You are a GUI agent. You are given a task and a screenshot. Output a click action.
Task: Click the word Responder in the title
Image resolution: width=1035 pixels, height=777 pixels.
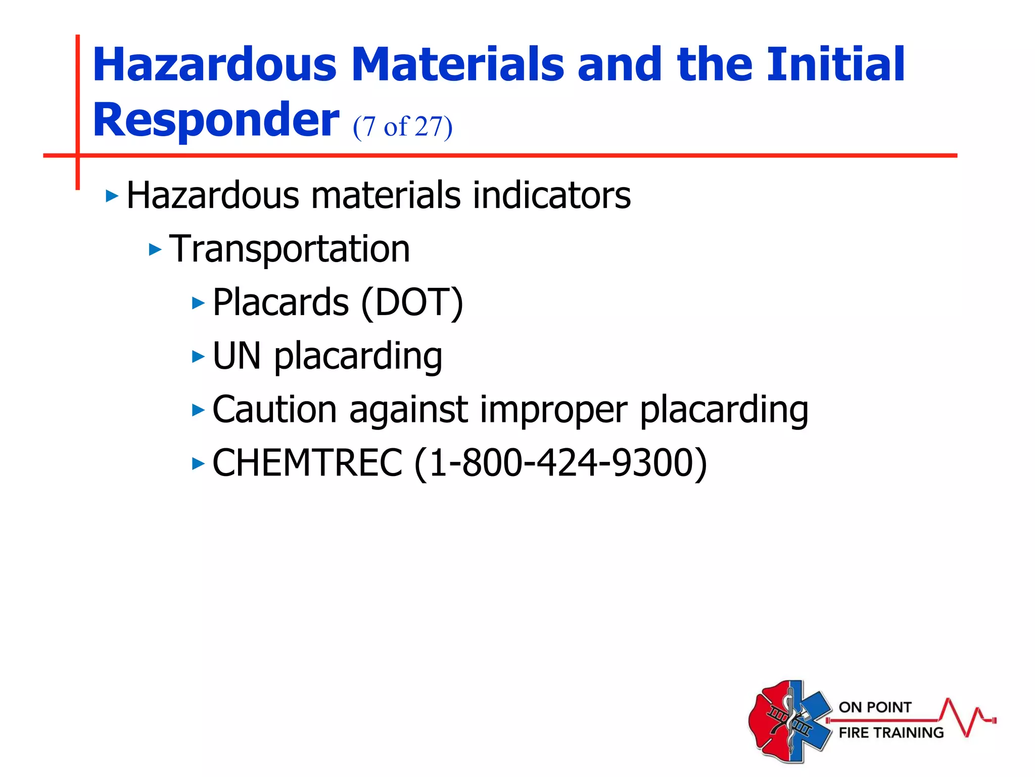[216, 120]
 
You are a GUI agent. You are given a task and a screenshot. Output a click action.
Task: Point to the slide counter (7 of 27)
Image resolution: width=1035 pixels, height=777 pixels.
[402, 126]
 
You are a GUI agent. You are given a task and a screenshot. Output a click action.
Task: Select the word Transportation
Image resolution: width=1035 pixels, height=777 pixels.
[289, 249]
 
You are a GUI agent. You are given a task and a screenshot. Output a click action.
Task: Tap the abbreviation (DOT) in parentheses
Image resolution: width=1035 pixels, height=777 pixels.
[412, 303]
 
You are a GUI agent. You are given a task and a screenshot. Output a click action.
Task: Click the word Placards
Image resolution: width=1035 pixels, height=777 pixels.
[280, 303]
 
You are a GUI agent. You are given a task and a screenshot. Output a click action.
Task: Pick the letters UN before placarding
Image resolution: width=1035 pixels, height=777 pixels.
[237, 356]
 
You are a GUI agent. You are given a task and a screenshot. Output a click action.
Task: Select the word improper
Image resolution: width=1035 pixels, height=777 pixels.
[553, 410]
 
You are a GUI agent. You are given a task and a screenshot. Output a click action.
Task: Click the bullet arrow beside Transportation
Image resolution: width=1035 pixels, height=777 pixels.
[155, 249]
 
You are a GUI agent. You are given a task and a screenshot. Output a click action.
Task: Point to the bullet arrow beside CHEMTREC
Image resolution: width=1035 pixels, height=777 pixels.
[198, 463]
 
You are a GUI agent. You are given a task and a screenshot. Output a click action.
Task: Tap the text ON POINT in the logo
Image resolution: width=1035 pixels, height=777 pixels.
[875, 707]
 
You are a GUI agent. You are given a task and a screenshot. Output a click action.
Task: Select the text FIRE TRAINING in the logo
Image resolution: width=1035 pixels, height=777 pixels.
[891, 732]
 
